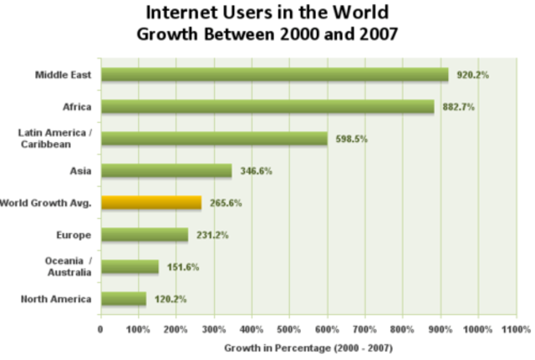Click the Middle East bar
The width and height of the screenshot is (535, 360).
coord(274,75)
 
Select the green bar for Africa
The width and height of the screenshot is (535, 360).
coord(267,107)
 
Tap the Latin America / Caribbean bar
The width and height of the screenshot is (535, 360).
coord(214,139)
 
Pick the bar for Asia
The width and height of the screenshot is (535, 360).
coord(166,170)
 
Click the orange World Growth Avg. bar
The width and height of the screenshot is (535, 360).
coord(150,202)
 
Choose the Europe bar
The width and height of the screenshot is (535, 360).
coord(144,235)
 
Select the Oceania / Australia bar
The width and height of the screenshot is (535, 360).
coord(129,266)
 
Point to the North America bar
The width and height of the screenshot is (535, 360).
coord(123,298)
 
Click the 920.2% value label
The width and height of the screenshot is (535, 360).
coord(472,75)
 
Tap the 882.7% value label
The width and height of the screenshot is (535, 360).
coord(457,107)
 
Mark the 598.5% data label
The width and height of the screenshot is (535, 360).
coord(350,139)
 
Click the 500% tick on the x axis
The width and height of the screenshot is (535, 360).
coord(289,329)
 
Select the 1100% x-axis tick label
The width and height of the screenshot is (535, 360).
coord(516,329)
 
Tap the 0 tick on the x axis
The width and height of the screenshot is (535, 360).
coord(100,329)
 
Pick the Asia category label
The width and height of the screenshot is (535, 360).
coord(81,170)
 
